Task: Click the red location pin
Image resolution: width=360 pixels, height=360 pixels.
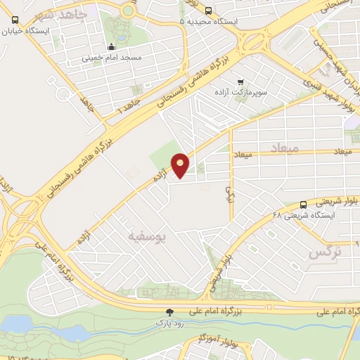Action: (181, 165)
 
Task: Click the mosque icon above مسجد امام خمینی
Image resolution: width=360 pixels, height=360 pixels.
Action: (110, 48)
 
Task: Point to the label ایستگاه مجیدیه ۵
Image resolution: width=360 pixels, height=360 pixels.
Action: (209, 22)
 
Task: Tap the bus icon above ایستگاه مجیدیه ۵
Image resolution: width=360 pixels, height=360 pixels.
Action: (208, 10)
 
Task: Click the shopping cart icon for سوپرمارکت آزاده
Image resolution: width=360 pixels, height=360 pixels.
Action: (242, 81)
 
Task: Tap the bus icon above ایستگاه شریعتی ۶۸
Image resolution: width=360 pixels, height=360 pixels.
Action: (303, 202)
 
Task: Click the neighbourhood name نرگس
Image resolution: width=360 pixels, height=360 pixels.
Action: (325, 251)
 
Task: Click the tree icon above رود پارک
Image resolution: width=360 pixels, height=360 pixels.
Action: (169, 311)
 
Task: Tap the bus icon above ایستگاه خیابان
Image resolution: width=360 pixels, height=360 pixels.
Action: (15, 19)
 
